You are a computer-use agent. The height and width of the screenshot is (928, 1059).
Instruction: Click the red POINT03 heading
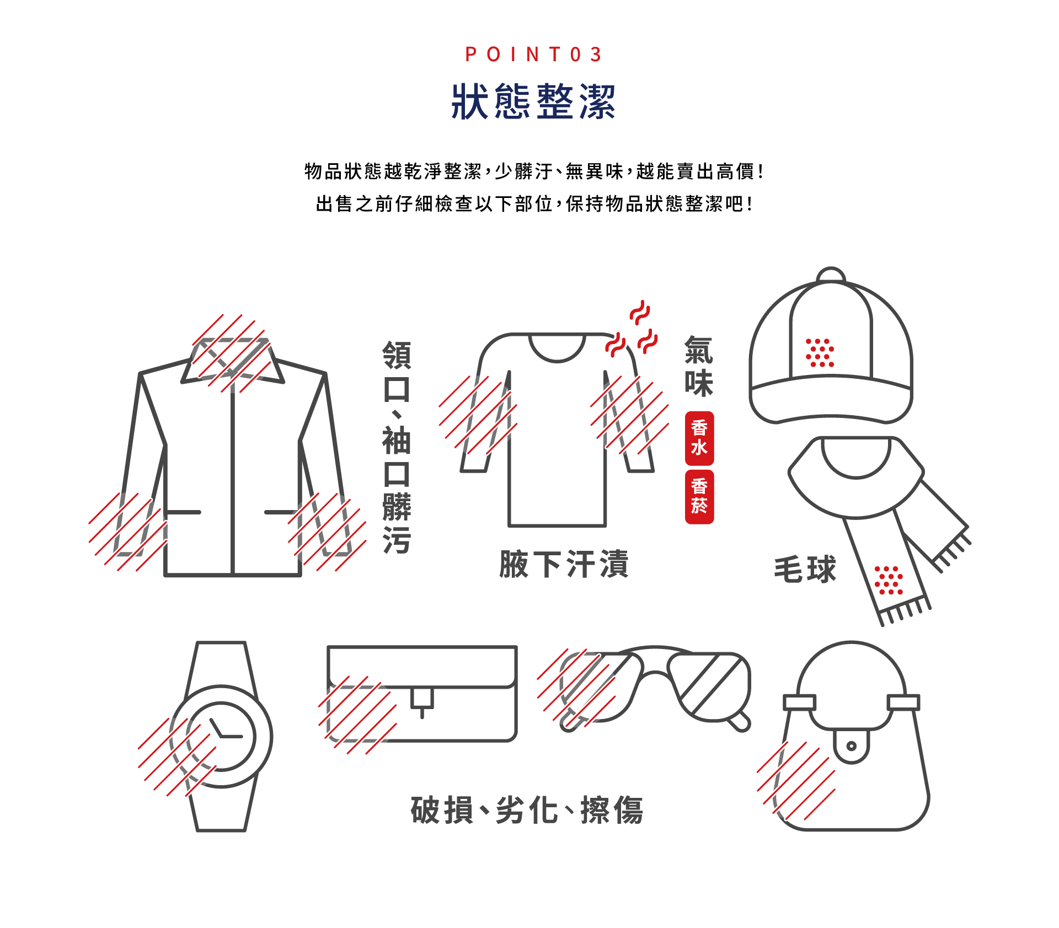(533, 55)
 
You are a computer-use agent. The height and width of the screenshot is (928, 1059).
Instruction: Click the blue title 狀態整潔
(533, 101)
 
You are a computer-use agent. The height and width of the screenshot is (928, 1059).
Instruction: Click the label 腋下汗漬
(564, 564)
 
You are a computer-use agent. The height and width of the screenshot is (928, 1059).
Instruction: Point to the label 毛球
(805, 570)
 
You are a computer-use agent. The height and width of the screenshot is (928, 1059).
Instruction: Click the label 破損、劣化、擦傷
(527, 810)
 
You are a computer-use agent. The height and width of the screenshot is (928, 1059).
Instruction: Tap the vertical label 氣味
(698, 367)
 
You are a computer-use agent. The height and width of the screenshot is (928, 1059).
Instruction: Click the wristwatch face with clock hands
(221, 736)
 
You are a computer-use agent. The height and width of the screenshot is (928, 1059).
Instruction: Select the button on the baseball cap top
(830, 275)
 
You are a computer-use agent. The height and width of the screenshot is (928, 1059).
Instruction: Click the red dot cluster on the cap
(820, 353)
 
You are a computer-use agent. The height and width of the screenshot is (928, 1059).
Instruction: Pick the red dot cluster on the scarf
(889, 581)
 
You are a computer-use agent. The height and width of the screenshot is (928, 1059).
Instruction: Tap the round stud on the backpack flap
(851, 747)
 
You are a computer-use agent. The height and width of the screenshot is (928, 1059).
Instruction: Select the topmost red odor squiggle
(640, 312)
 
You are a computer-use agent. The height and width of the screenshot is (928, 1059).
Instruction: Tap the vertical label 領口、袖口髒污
(397, 447)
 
